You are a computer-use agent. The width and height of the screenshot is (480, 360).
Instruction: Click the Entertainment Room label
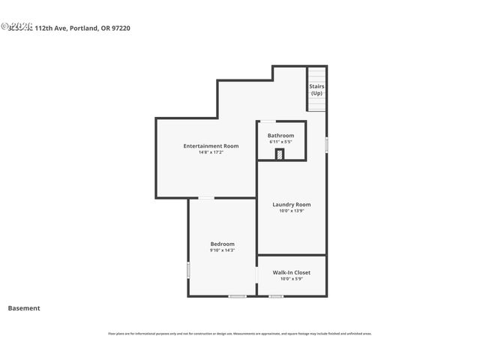pos(211,145)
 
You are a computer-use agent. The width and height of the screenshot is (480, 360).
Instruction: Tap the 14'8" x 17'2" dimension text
pos(211,152)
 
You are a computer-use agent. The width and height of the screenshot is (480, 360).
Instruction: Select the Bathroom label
pos(280,135)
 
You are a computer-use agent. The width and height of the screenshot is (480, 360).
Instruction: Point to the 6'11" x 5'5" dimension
pos(280,142)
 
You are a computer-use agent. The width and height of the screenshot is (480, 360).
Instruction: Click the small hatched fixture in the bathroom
pos(280,154)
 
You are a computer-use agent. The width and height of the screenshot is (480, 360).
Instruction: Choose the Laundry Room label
pos(291,204)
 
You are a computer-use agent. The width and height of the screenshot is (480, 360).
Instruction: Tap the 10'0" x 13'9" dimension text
pos(291,211)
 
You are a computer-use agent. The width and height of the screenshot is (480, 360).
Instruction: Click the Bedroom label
pos(222,244)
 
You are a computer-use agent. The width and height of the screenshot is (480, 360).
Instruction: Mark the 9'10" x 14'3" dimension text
pos(222,250)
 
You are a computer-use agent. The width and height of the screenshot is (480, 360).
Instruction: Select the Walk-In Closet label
pos(291,272)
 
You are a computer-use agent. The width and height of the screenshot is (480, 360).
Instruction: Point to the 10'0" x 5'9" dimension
pos(291,279)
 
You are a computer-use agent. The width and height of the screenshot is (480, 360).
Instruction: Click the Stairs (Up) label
pos(316,89)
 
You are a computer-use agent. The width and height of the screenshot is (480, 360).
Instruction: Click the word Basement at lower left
pos(24,308)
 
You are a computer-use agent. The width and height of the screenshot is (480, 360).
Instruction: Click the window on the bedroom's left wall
pos(188,269)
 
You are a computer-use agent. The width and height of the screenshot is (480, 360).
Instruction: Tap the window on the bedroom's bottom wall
pos(237,296)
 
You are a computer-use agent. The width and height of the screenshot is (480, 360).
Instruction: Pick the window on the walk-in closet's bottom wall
pos(276,296)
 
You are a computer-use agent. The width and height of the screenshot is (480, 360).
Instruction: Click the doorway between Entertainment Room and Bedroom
pos(205,198)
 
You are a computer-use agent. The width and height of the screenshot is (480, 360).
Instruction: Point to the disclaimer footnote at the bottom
pos(239,334)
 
